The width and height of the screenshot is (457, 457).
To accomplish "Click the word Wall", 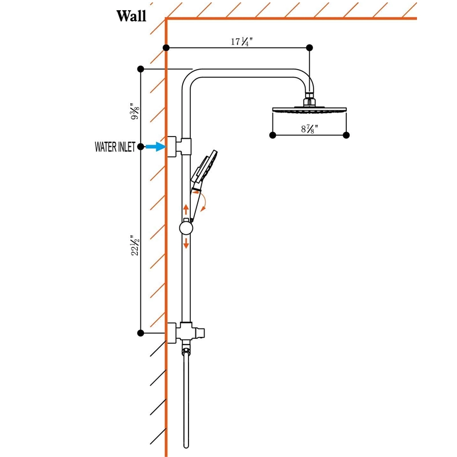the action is (x=131, y=16).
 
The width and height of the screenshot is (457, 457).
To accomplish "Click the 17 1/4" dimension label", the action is (x=242, y=42).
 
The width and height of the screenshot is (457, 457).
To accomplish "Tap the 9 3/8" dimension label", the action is (x=135, y=111).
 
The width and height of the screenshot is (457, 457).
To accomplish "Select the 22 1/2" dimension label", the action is (x=135, y=246).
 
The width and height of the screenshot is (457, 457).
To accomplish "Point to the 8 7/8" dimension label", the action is (x=309, y=129).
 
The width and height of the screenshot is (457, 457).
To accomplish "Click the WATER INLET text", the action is (x=115, y=147).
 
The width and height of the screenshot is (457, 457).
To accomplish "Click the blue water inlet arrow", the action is (x=155, y=147).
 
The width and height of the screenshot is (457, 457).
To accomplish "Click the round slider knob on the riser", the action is (x=186, y=228).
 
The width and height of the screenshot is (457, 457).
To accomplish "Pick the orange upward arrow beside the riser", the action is (x=186, y=210).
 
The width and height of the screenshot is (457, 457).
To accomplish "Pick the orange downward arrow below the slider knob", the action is (x=186, y=243).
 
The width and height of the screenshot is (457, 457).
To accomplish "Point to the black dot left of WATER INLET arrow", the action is (x=141, y=147).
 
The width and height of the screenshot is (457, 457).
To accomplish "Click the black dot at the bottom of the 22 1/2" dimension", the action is (x=141, y=333).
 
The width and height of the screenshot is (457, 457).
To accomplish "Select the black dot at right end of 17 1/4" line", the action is (x=310, y=47).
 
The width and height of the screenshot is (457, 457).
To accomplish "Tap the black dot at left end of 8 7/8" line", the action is (x=273, y=135).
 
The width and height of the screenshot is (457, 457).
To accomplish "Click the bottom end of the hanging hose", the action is (x=186, y=447).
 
